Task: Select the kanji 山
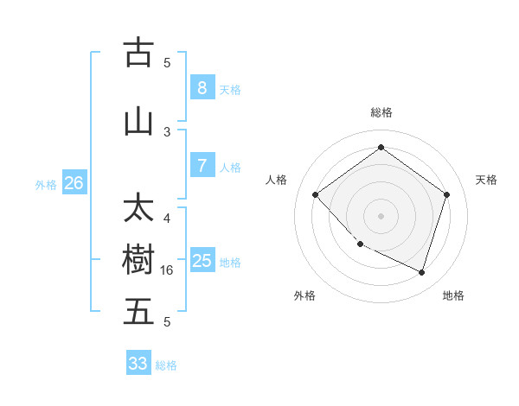point(138,122)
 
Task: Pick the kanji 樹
point(138,260)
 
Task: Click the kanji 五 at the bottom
point(138,312)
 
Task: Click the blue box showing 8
point(202,88)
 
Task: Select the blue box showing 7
point(202,166)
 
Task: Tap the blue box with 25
point(202,261)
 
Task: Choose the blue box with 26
point(74,183)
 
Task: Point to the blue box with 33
point(138,364)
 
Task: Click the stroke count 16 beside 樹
point(168,270)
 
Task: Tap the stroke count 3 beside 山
point(167,132)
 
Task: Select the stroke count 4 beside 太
point(167,219)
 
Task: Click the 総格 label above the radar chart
point(381,112)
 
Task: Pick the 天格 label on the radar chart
point(486,180)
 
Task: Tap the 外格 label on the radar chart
point(304,295)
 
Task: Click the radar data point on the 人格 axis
point(316,195)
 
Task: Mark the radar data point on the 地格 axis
point(421,272)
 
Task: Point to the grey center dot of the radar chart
point(381,216)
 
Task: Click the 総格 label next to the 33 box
point(166,365)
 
